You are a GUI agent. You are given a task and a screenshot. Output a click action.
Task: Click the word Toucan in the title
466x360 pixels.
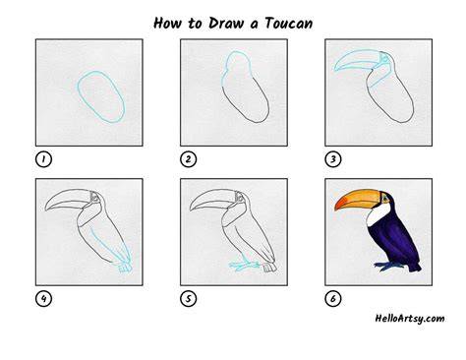pyautogui.click(x=289, y=24)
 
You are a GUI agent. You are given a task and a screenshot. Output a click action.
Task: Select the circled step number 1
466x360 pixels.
pyautogui.click(x=43, y=159)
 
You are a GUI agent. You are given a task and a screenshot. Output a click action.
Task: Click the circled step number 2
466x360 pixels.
pyautogui.click(x=189, y=159)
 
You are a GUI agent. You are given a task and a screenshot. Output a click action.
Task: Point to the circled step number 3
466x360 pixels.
pyautogui.click(x=333, y=159)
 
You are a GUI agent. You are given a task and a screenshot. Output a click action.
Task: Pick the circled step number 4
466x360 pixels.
pyautogui.click(x=43, y=299)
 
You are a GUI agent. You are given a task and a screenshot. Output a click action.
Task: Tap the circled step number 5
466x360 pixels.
pyautogui.click(x=189, y=299)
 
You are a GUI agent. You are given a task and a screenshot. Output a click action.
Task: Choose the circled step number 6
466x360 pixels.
pyautogui.click(x=333, y=299)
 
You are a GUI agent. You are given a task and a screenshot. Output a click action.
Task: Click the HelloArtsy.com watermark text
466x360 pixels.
pyautogui.click(x=410, y=319)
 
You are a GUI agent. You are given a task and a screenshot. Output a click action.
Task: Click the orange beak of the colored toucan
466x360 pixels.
pyautogui.click(x=356, y=199)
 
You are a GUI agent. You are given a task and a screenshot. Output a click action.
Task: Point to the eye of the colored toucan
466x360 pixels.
pyautogui.click(x=385, y=198)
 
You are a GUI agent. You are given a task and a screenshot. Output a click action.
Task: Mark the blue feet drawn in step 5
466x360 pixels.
pyautogui.click(x=243, y=266)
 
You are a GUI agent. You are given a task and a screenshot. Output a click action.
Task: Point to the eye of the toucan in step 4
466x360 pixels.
pyautogui.click(x=95, y=198)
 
